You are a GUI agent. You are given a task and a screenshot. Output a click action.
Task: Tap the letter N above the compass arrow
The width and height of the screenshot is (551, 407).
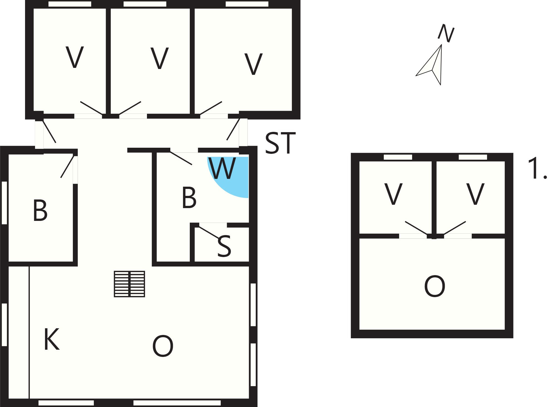[x=446, y=33]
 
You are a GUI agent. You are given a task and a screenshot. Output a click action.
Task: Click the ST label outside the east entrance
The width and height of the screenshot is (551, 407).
[x=280, y=143]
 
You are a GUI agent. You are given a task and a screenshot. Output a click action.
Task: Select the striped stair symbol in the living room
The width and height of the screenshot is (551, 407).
[x=129, y=284]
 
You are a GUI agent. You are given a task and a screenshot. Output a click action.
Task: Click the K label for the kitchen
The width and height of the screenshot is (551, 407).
[x=52, y=339]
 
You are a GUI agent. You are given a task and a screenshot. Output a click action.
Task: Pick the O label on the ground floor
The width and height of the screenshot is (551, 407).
[x=163, y=346]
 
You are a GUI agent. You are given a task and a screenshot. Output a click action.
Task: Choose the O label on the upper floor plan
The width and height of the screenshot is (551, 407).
[x=435, y=287]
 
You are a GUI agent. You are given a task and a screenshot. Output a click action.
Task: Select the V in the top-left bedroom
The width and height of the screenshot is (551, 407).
[x=75, y=57]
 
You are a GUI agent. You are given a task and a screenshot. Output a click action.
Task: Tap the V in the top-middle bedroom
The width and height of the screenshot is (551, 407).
[x=159, y=58]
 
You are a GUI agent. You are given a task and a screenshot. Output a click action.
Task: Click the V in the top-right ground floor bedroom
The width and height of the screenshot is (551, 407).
[x=253, y=64]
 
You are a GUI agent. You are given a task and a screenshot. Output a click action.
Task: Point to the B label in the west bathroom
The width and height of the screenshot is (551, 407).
[x=40, y=210]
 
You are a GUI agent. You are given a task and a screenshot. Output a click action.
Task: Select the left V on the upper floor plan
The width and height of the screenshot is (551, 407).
[x=393, y=194]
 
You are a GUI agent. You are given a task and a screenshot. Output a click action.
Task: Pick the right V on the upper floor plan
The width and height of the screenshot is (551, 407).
[x=475, y=194]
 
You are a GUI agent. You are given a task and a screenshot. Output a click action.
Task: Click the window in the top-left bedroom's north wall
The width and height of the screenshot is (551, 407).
[x=70, y=4]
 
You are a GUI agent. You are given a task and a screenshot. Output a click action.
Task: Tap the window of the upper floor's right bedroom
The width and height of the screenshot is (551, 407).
[x=473, y=157]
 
